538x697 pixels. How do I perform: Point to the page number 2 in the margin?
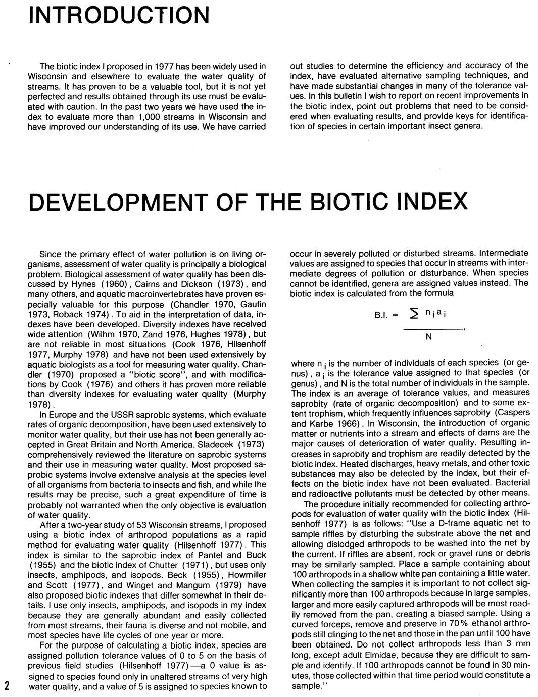tap(7, 685)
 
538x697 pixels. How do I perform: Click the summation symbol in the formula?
tap(414, 315)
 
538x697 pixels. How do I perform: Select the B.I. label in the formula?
tap(380, 315)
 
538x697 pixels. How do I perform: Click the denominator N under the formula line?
tap(428, 337)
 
